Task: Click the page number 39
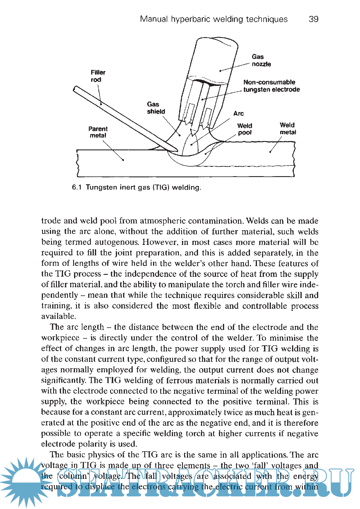point(314,19)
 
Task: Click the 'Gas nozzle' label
point(261,60)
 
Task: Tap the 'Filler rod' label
point(98,76)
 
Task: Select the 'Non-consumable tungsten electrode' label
point(271,86)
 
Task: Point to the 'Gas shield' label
point(156,108)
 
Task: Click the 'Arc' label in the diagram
point(238,113)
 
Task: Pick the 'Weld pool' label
point(244,129)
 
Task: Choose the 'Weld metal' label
point(288,129)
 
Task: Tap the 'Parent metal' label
point(98,132)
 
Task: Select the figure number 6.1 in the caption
point(76,187)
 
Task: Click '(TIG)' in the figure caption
point(161,187)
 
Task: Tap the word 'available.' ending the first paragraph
point(58,316)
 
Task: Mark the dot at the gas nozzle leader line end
point(220,71)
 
